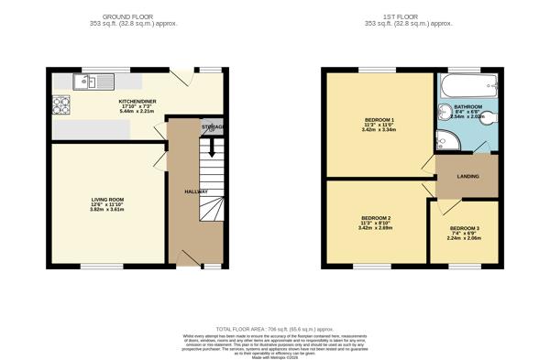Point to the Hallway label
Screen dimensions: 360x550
point(197,191)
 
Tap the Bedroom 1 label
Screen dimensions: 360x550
point(379,122)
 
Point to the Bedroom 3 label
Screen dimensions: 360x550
point(464,227)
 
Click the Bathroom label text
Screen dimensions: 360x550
point(468,107)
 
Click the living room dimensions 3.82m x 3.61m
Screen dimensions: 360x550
point(107,210)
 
